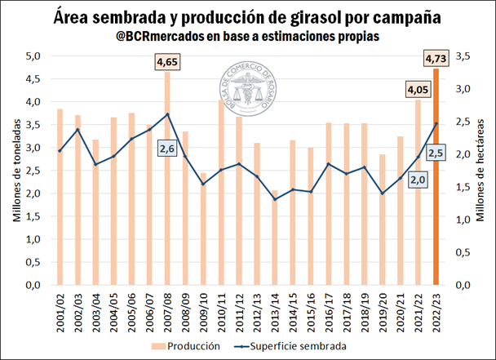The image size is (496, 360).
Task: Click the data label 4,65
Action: [167, 61]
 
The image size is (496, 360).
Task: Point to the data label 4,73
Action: [436, 57]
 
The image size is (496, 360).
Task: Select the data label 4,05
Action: [417, 89]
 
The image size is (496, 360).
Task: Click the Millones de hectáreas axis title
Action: [482, 171]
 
